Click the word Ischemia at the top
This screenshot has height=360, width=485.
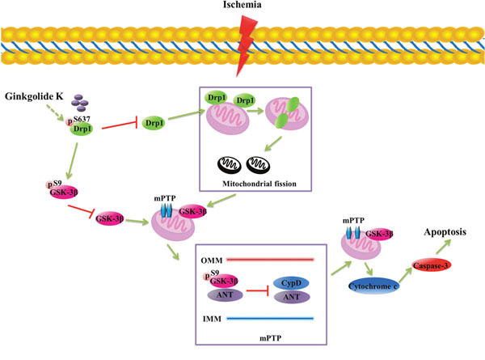pyautogui.click(x=243, y=7)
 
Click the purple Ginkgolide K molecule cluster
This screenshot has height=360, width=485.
pyautogui.click(x=79, y=103)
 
